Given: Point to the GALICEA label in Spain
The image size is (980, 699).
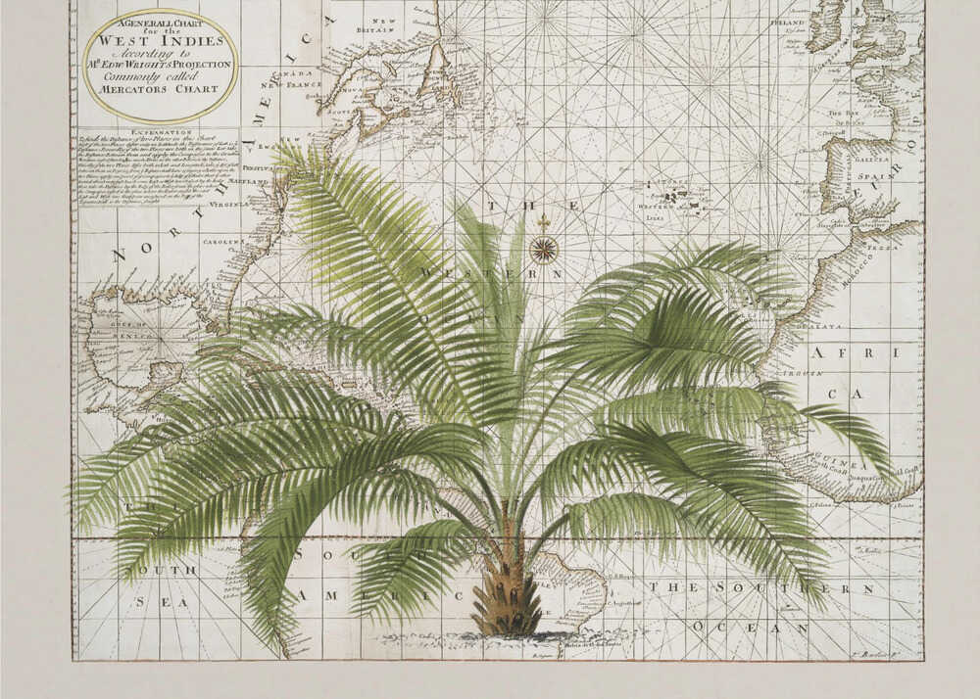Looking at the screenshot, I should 870,158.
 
